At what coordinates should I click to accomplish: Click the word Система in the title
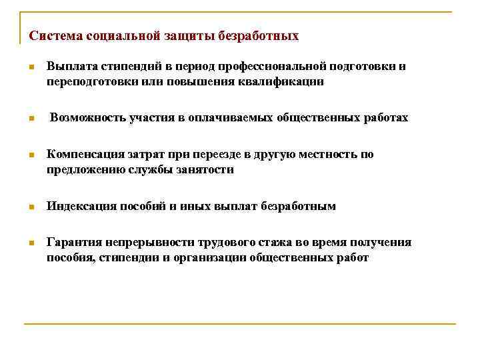click(x=51, y=35)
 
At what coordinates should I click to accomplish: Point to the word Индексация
click(x=79, y=207)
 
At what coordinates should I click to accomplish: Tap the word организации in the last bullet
click(x=213, y=258)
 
